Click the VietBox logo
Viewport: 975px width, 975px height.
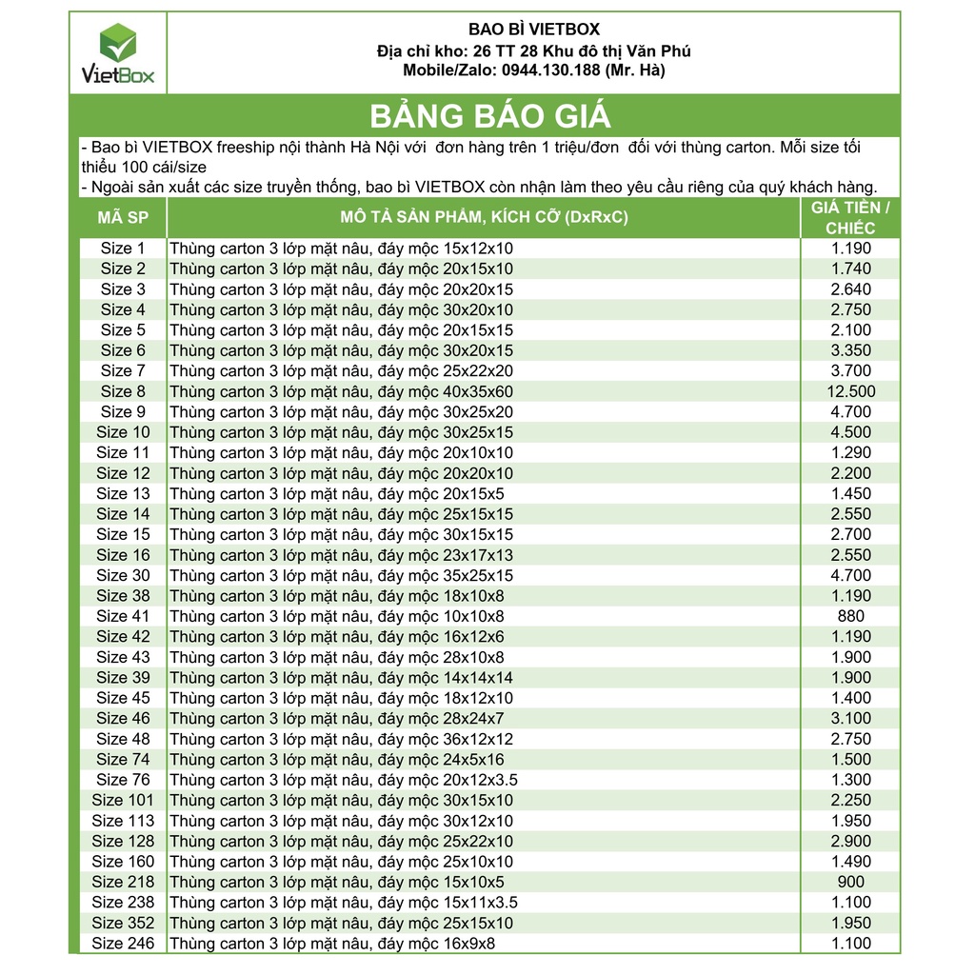coord(118,53)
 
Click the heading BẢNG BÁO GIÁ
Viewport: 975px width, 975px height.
coord(489,116)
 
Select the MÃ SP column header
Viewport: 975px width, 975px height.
coord(123,218)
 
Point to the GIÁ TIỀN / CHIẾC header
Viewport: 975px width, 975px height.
coord(850,218)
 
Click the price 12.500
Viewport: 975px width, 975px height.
coord(850,391)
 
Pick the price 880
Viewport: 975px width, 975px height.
coord(850,616)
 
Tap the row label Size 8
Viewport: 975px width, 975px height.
coord(123,391)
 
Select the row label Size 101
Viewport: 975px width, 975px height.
coord(123,800)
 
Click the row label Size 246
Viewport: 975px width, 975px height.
coord(123,944)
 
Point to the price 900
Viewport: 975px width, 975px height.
coord(850,882)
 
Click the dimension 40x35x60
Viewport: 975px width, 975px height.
coord(472,391)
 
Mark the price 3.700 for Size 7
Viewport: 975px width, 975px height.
coord(850,371)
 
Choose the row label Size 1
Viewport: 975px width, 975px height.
coord(123,249)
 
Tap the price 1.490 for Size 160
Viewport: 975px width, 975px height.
coord(850,862)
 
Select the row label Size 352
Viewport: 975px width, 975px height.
coord(123,923)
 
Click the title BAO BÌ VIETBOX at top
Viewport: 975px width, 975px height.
coord(534,30)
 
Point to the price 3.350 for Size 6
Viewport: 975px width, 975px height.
coord(850,350)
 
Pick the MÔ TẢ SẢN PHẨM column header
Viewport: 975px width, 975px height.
coord(484,218)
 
